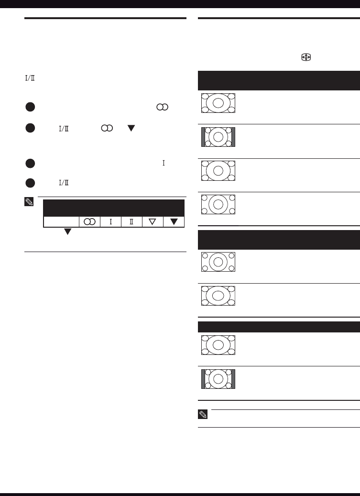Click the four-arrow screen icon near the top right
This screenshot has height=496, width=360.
tap(306, 57)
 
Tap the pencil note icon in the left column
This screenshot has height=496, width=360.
tap(29, 202)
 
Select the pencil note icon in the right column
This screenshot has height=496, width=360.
tap(203, 414)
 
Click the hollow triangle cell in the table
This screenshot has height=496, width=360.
tap(153, 222)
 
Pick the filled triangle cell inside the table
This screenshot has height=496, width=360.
tap(174, 222)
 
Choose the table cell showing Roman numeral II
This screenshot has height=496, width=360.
tap(131, 222)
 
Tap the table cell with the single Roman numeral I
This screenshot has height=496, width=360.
tap(110, 222)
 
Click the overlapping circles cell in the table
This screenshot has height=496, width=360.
tap(89, 222)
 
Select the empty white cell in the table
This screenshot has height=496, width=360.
tap(61, 222)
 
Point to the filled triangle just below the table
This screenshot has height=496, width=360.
tap(67, 231)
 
